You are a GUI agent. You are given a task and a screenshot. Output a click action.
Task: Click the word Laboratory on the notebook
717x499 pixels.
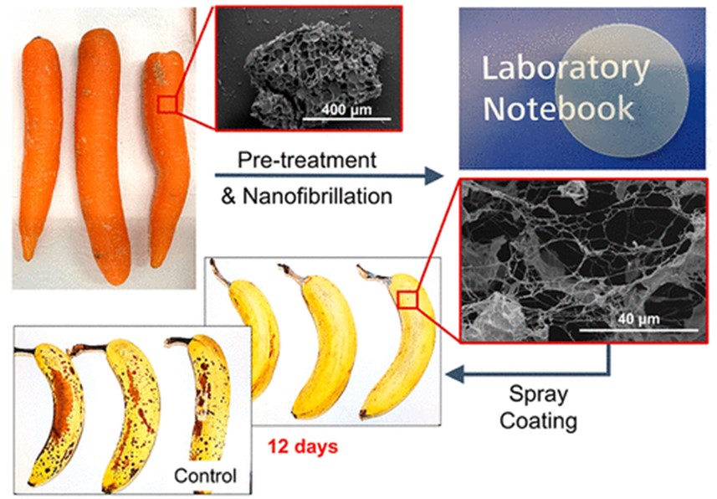pyautogui.click(x=565, y=69)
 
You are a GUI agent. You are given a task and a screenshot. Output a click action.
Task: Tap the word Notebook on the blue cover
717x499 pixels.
pyautogui.click(x=559, y=108)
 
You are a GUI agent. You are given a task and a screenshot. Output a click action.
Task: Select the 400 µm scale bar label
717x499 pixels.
pyautogui.click(x=344, y=111)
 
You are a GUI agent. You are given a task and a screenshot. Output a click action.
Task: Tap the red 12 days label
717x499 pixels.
pyautogui.click(x=303, y=446)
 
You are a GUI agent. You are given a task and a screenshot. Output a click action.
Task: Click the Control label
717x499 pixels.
pyautogui.click(x=205, y=476)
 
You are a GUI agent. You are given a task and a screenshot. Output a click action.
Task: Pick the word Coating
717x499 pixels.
pyautogui.click(x=538, y=420)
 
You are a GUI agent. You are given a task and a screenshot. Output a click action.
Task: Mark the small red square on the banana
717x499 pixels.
pyautogui.click(x=407, y=299)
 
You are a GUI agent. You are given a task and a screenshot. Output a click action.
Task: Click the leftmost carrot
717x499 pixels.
pyautogui.click(x=40, y=142)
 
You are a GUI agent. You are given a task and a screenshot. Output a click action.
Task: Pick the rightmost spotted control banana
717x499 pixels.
pyautogui.click(x=200, y=394)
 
